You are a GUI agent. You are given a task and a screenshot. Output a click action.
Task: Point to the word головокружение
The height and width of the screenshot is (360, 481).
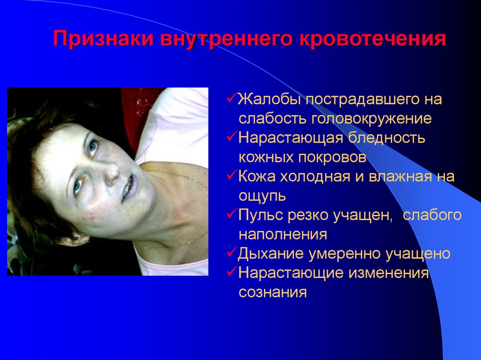click(x=371, y=118)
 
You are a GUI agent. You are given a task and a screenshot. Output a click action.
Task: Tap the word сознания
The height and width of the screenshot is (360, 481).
click(x=272, y=292)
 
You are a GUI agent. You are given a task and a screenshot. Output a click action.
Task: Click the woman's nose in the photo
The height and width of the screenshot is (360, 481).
click(x=111, y=175)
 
